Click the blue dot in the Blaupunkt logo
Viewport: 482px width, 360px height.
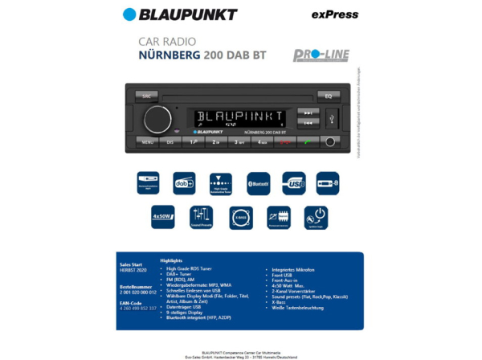pos(129,14)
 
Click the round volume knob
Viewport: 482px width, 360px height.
pos(157,119)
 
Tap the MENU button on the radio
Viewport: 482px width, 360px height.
pos(147,142)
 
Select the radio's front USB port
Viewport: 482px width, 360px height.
pos(333,119)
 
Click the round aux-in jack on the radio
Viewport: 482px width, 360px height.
pos(330,142)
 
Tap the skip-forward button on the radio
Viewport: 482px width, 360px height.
pos(308,113)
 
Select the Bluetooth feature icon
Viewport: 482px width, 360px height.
pos(258,182)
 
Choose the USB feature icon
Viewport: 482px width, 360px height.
pos(293,182)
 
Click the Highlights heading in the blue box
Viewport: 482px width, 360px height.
pos(171,260)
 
